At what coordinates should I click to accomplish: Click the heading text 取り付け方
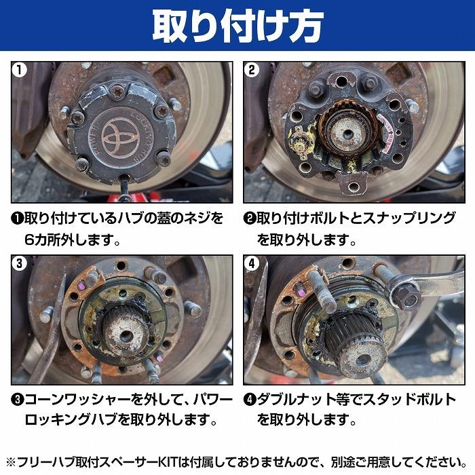click(x=237, y=25)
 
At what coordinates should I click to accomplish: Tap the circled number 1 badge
click(x=22, y=71)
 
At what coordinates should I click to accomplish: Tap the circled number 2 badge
click(x=253, y=71)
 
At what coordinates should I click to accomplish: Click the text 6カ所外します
click(x=71, y=240)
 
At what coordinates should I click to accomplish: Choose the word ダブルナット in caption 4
click(x=296, y=399)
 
